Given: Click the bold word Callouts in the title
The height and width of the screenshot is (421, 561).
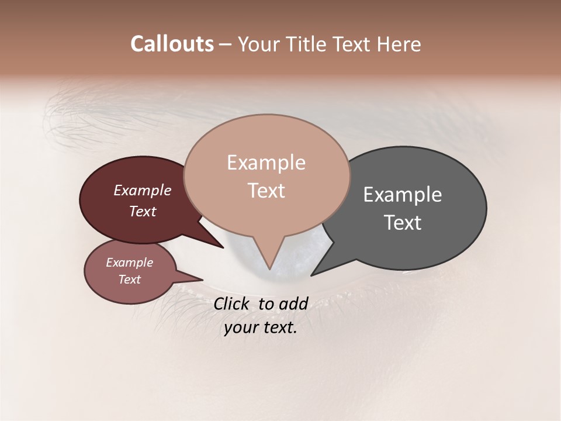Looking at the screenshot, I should tap(172, 44).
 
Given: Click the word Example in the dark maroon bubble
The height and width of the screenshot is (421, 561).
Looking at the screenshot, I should tap(142, 190).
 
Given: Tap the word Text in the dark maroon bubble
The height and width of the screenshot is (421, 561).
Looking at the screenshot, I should tap(142, 211).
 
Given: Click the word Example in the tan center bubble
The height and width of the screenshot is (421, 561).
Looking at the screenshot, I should tap(266, 163).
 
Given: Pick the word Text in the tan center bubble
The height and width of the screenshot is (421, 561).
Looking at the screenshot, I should tap(266, 190).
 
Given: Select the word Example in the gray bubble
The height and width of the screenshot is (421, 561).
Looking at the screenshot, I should tap(403, 195).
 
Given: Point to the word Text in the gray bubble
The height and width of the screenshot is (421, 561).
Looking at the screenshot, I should tap(403, 222).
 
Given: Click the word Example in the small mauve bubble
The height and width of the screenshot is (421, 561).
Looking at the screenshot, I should tap(129, 263).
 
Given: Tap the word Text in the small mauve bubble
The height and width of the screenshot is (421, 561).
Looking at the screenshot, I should tap(129, 279).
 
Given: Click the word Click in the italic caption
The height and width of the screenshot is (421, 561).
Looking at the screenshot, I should tap(232, 303).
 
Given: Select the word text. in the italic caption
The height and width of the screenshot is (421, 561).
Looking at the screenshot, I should tap(278, 327).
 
